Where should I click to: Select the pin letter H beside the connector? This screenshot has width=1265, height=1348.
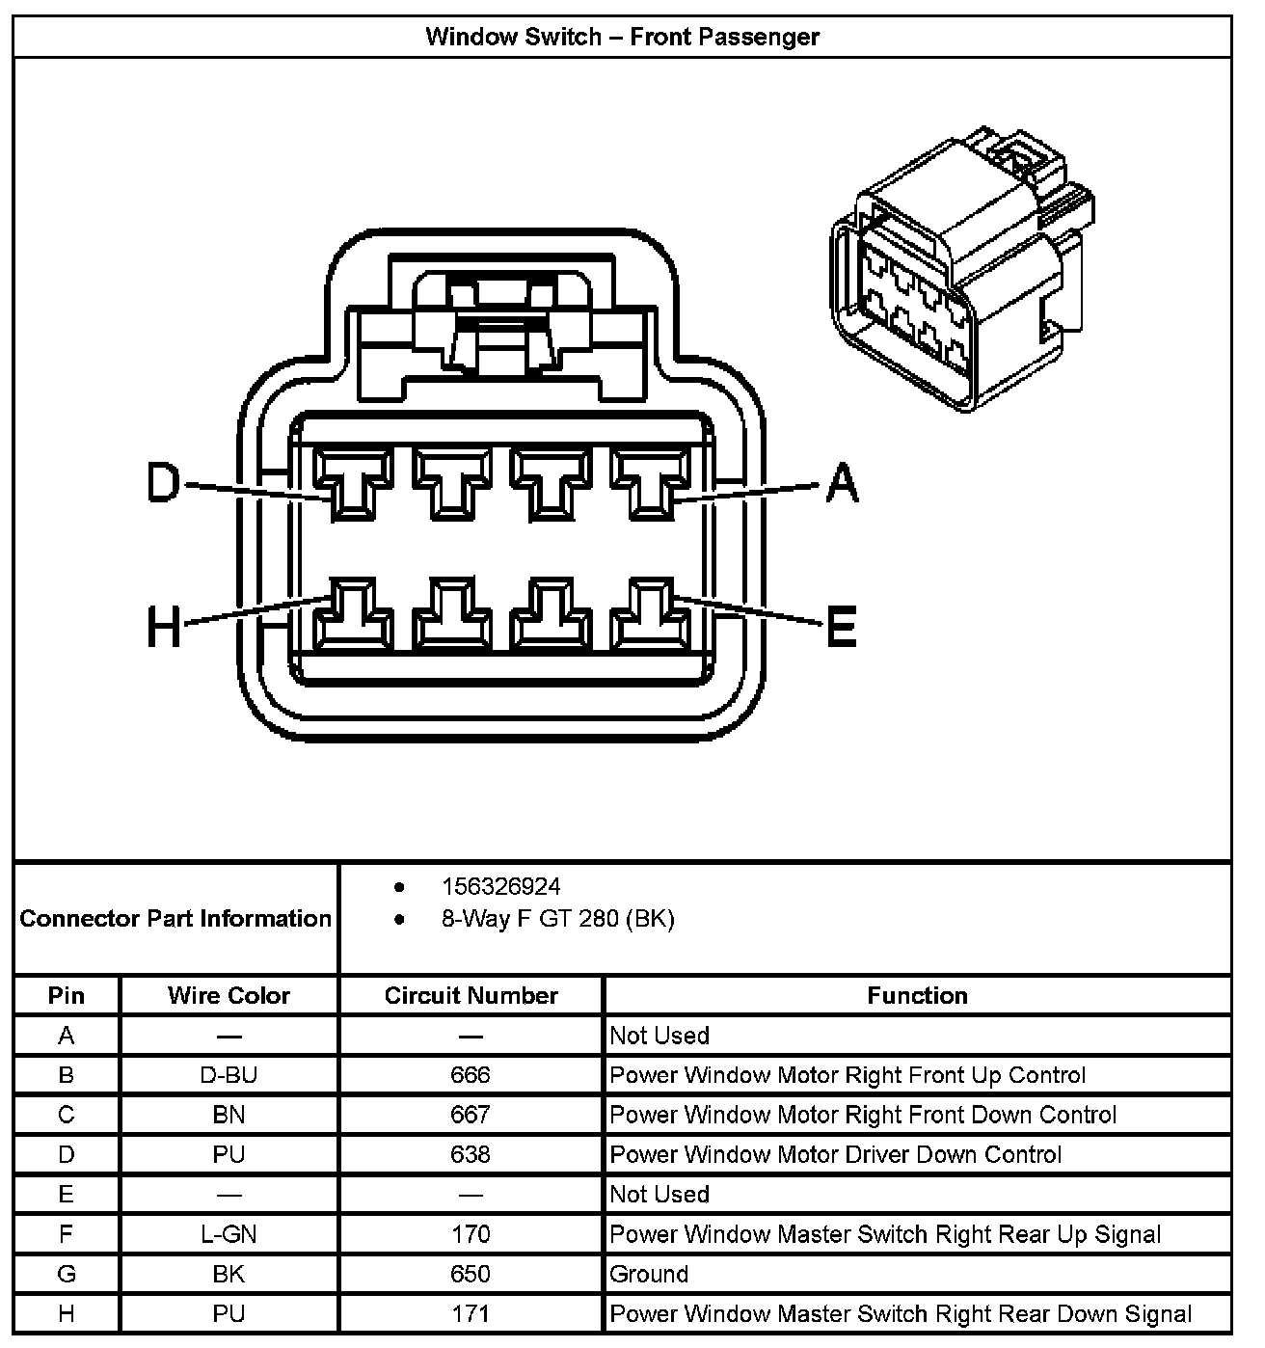click(164, 629)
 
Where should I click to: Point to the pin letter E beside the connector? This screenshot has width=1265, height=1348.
click(841, 629)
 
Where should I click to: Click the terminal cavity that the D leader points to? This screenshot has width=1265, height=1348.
click(355, 482)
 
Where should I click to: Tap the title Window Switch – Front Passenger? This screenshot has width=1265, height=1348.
click(622, 38)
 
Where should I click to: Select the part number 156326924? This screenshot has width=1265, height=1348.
click(500, 886)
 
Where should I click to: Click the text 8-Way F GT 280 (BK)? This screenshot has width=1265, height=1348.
click(557, 919)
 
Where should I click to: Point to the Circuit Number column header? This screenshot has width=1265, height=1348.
click(471, 996)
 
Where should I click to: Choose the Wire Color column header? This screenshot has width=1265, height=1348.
click(229, 996)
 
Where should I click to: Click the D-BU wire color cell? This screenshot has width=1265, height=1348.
click(229, 1075)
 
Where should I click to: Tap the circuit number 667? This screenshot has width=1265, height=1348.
click(471, 1115)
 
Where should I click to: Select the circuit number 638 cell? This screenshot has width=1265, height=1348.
click(471, 1154)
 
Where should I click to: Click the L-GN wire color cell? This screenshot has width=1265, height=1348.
click(229, 1234)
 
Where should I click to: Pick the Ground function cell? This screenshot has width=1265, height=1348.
click(649, 1274)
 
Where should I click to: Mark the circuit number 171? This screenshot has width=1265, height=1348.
click(471, 1313)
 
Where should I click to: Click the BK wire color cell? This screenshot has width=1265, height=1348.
click(229, 1274)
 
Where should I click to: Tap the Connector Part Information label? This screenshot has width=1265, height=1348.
click(175, 918)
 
